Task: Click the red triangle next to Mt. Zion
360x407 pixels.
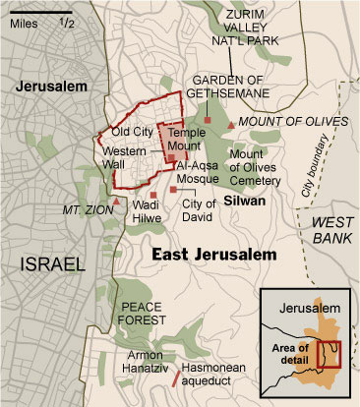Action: coord(117,202)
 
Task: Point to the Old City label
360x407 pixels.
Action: coord(131,131)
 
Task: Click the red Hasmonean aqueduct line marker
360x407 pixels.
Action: coord(176,375)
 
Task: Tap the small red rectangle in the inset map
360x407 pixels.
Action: coord(330,354)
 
